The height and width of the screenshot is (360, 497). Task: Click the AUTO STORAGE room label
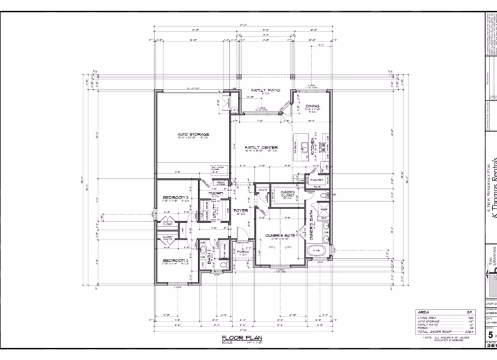tap(193, 134)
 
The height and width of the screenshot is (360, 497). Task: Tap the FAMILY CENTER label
tap(261, 147)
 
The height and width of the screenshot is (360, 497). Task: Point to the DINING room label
tap(312, 106)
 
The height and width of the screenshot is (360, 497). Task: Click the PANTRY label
tap(310, 179)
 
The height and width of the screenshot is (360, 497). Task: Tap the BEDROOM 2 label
tap(175, 260)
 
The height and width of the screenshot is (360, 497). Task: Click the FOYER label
tap(241, 211)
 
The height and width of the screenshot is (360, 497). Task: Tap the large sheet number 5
tap(490, 333)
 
